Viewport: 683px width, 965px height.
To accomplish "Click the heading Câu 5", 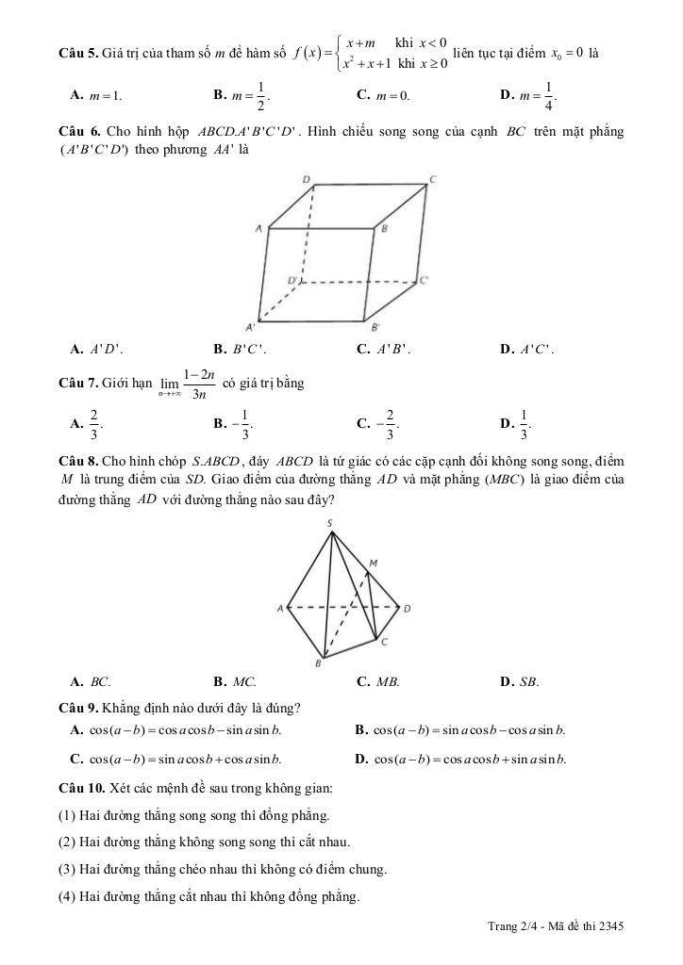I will click(x=77, y=53).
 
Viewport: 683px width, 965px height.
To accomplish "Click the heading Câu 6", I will click(x=77, y=131).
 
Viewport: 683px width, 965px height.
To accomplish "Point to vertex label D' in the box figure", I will click(x=292, y=280).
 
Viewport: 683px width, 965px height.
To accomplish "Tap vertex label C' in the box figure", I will click(x=425, y=279).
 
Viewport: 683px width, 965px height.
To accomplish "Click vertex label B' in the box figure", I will click(x=375, y=327).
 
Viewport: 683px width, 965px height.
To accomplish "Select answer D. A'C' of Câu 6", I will click(x=528, y=350).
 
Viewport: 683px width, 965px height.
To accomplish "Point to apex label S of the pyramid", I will click(x=329, y=523).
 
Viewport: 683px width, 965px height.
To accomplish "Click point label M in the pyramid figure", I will click(x=373, y=563).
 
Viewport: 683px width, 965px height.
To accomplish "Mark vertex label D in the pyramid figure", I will click(x=407, y=608).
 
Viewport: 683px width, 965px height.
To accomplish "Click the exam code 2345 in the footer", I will click(x=610, y=926).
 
